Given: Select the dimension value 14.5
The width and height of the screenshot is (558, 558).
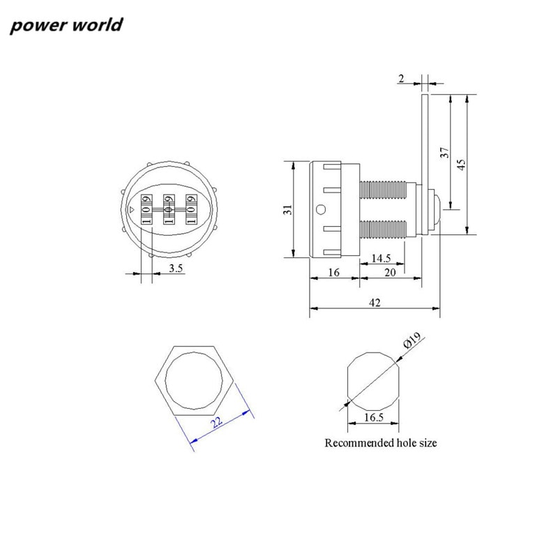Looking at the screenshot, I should coord(381,258).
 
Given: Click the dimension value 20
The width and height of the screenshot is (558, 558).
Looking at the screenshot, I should coord(390,273).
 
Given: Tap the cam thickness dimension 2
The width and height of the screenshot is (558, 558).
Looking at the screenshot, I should coord(401,80).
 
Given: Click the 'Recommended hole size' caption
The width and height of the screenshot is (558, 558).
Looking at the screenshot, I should coord(381,443).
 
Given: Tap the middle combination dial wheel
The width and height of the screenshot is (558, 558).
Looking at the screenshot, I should coord(168,209).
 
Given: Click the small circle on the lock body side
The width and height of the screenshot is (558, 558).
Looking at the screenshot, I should coord(320,209).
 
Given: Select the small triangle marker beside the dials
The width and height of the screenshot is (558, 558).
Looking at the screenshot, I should coord(133,209).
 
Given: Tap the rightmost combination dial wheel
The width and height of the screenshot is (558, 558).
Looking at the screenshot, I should coord(190,209).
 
